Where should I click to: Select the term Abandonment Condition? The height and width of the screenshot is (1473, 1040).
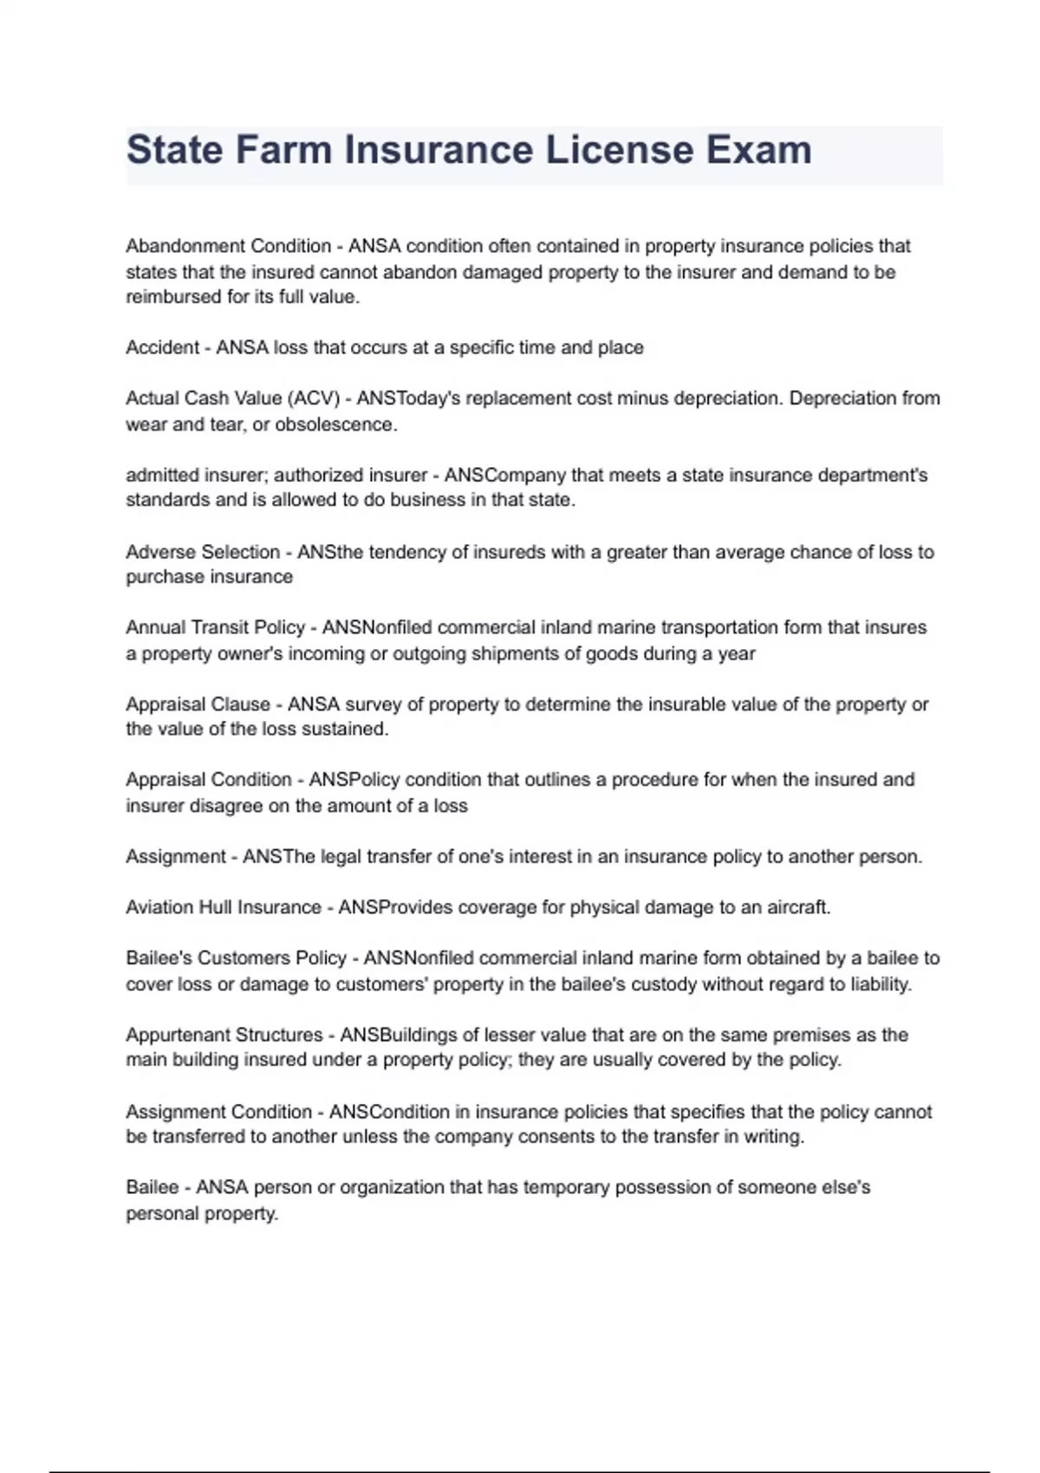[229, 246]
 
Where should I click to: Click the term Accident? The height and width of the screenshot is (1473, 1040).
[163, 347]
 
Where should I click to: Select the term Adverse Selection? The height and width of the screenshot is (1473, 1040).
[203, 552]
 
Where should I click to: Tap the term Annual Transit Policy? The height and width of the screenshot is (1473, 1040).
[215, 627]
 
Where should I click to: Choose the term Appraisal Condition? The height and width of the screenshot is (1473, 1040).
[209, 780]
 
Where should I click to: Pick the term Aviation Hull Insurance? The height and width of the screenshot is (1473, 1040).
[224, 907]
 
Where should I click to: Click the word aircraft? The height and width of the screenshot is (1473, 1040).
[798, 907]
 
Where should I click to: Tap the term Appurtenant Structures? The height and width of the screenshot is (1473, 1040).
[224, 1035]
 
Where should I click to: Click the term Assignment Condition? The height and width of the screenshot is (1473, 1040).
[218, 1112]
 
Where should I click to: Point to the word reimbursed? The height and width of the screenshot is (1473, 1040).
[166, 297]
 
